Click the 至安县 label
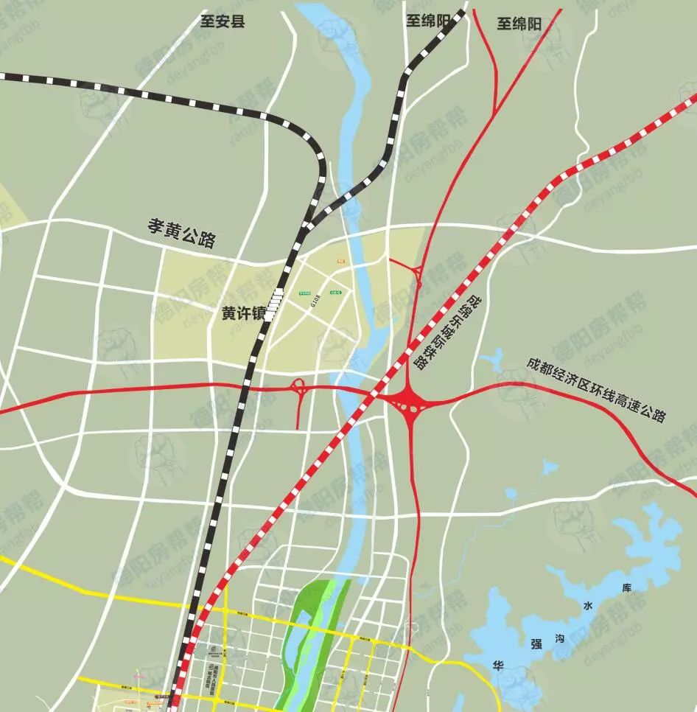click(x=223, y=21)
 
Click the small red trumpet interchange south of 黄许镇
click(x=298, y=388)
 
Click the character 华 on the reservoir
click(x=498, y=664)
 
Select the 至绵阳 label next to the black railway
click(x=427, y=21)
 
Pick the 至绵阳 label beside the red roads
click(x=519, y=24)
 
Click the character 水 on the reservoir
click(x=587, y=606)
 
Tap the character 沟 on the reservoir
click(x=561, y=640)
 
